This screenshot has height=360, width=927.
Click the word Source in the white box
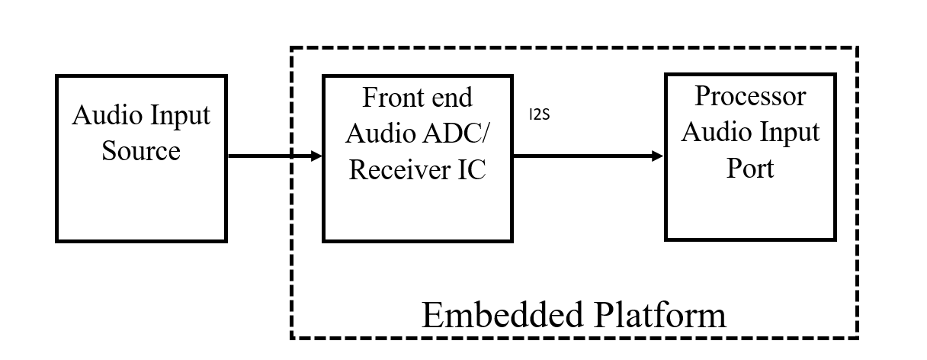[x=141, y=150]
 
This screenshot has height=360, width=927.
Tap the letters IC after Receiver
[x=471, y=169]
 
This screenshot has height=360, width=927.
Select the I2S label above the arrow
[x=539, y=116]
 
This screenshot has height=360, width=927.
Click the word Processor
[x=750, y=96]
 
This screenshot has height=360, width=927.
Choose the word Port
[x=750, y=167]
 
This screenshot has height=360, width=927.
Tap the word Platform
[x=661, y=315]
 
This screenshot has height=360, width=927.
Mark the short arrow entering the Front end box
[x=308, y=156]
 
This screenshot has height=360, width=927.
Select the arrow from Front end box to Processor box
[x=588, y=156]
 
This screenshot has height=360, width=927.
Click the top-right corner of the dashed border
[x=855, y=50]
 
